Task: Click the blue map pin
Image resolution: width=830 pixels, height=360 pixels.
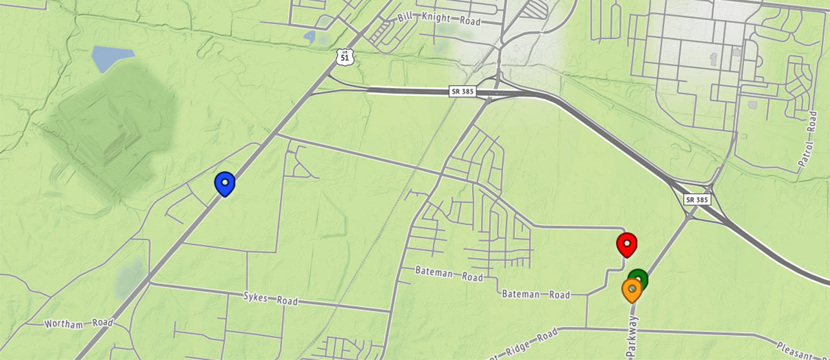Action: [x=224, y=184]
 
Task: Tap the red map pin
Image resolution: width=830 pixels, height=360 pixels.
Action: [x=626, y=245]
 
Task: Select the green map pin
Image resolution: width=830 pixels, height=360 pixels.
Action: [x=638, y=279]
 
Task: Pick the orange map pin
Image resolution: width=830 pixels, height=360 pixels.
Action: [x=632, y=289]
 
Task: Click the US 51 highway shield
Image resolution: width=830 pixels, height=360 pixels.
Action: [x=346, y=56]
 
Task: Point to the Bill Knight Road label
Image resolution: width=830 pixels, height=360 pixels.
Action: [x=440, y=18]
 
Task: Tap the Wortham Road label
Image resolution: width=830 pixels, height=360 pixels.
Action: [x=78, y=322]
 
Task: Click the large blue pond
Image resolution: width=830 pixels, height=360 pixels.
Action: [x=111, y=58]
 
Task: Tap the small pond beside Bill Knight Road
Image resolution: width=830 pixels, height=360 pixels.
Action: [x=309, y=36]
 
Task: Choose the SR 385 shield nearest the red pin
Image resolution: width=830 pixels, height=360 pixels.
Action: [x=697, y=200]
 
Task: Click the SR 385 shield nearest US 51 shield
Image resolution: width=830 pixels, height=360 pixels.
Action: [x=462, y=91]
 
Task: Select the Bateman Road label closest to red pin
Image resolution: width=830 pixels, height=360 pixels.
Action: [x=536, y=294]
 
